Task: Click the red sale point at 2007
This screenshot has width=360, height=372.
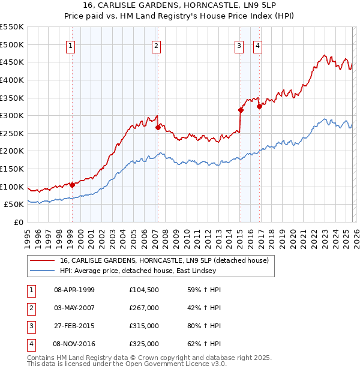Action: (x=158, y=127)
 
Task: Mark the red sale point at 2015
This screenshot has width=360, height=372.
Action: (x=241, y=110)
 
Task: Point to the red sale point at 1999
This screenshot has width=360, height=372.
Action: (x=72, y=185)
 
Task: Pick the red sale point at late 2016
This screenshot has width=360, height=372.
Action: (x=259, y=107)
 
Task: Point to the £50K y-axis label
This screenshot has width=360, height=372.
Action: (x=14, y=205)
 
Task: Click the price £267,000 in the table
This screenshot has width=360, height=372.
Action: (x=144, y=308)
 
